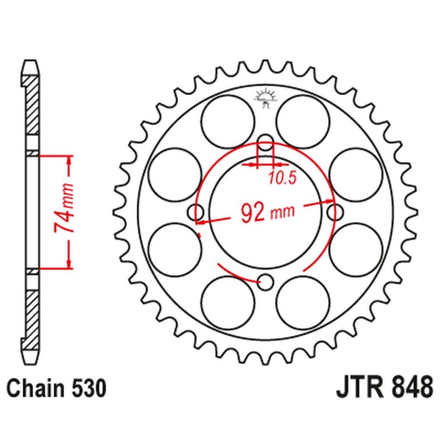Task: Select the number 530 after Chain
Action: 87,389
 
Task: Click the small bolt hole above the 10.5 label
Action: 266,143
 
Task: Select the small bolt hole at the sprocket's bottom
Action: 266,282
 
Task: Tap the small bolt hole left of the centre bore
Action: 196,211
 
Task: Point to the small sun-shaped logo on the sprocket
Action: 265,98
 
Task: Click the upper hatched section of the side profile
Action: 33,105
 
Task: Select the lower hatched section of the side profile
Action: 33,309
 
